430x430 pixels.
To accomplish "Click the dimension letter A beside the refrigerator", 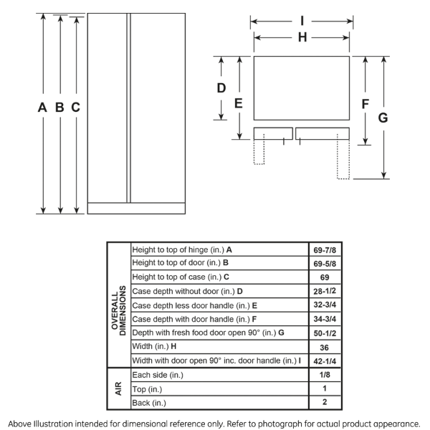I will click(43, 107).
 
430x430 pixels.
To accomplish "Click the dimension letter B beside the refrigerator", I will click(59, 107).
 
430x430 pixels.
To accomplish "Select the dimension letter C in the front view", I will click(75, 107).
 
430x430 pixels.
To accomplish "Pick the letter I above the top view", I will click(302, 21).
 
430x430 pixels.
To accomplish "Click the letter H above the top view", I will click(302, 37).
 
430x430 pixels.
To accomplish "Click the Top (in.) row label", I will click(148, 388).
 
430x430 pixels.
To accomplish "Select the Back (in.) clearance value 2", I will click(324, 402).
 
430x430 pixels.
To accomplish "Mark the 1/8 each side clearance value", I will click(324, 374).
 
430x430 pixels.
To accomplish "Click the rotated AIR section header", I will click(118, 388).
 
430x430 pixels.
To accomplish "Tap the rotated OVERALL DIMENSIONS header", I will click(118, 305).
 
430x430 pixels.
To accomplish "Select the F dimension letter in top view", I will click(365, 104).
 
